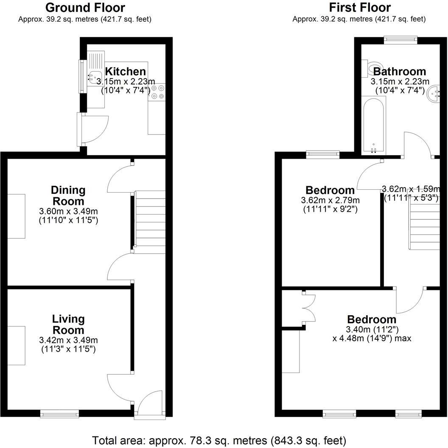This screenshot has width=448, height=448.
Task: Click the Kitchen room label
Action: pos(125,71)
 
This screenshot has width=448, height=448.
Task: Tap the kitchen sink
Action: pos(94,77)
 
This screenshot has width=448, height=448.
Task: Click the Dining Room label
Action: pos(68,196)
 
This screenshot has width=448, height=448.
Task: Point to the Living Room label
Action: pos(68,324)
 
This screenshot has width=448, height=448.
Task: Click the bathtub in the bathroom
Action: pos(373,126)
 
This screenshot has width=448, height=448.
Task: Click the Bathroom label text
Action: pos(399,71)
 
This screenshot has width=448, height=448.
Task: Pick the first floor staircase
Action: pos(424,224)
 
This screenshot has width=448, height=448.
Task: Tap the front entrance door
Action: pos(149,405)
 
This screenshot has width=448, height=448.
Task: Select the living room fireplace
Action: pos(16,345)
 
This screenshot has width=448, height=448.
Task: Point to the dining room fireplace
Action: pos(16,216)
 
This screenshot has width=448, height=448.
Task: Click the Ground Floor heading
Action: pos(85,8)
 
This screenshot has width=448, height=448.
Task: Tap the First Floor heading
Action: pos(359,8)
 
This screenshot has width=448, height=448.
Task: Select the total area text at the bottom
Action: pos(219,440)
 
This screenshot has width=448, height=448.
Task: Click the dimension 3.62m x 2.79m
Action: pos(330,200)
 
